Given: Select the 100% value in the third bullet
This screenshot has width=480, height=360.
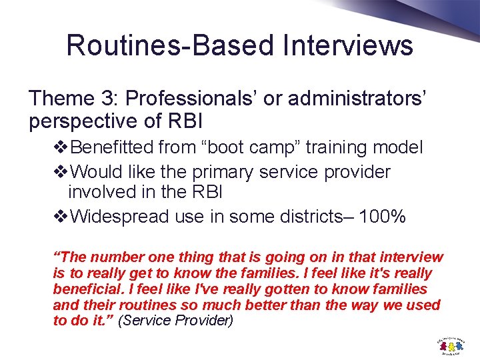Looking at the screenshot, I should coord(381,217).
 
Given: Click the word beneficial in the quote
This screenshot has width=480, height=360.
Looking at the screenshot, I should coord(85,289).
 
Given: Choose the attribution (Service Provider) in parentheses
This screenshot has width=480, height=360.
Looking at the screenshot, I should coord(175,321).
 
